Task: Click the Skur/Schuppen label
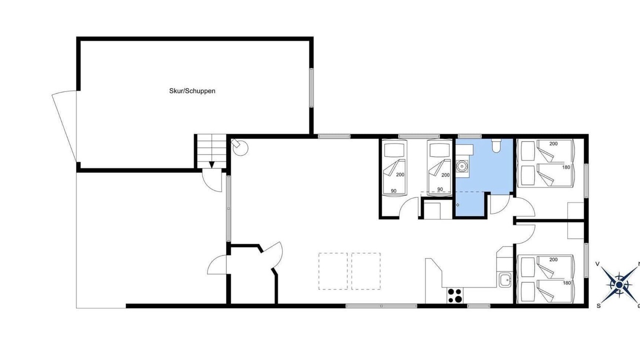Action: [x=192, y=91]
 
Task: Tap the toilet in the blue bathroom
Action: [x=496, y=145]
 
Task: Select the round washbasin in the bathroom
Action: [x=461, y=165]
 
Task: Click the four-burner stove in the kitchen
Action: [x=455, y=295]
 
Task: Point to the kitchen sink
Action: [x=505, y=280]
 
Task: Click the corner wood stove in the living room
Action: [x=239, y=147]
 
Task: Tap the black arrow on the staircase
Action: [x=211, y=165]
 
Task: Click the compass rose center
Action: [x=619, y=285]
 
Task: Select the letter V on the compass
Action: [x=597, y=263]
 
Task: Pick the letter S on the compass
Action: [x=598, y=306]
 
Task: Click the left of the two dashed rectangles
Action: [x=333, y=271]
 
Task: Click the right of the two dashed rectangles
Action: [x=366, y=271]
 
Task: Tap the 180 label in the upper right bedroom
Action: [x=566, y=167]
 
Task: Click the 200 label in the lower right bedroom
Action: [x=553, y=259]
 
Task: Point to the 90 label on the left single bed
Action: [x=393, y=191]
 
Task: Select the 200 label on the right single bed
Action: [x=445, y=175]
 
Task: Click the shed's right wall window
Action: [x=311, y=87]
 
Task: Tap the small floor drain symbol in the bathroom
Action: [x=457, y=205]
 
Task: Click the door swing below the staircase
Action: [x=212, y=181]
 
